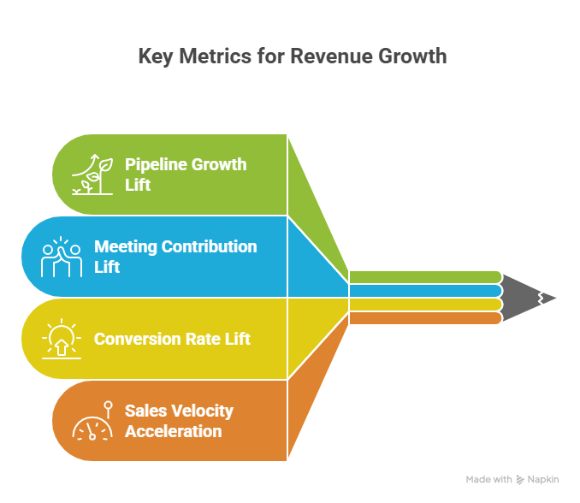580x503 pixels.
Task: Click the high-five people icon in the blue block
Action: (62, 257)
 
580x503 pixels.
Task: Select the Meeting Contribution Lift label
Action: (175, 257)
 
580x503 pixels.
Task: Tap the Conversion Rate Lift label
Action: (172, 339)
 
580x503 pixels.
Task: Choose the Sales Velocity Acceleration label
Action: (178, 421)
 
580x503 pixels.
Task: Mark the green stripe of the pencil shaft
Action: (424, 277)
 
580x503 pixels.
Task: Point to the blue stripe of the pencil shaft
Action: (424, 291)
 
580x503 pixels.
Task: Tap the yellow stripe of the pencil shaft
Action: (424, 305)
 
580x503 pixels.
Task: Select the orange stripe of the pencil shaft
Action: (424, 318)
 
